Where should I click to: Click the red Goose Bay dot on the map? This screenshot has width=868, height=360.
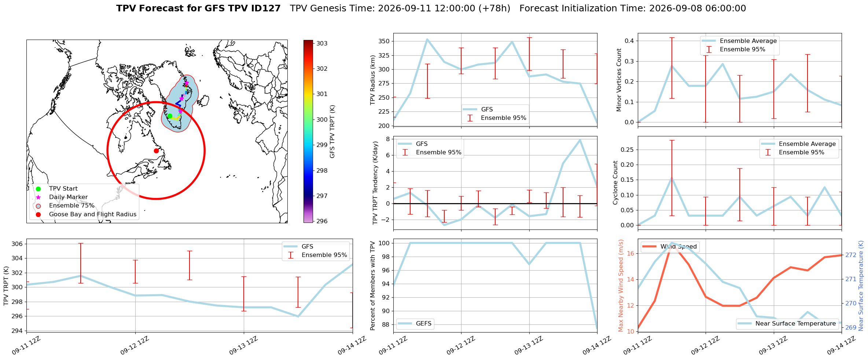(156, 151)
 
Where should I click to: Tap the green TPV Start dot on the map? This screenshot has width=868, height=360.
(170, 116)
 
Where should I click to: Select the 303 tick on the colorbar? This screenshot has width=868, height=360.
(322, 43)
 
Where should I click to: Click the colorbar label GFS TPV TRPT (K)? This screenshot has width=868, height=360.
(332, 132)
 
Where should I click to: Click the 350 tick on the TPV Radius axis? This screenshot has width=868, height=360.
(384, 41)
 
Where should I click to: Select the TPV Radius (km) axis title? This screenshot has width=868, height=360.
(373, 80)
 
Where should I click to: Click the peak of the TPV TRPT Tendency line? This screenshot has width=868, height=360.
(580, 140)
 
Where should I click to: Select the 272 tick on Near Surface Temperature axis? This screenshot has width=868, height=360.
(851, 255)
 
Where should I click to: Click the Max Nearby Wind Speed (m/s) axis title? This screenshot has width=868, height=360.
(621, 286)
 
